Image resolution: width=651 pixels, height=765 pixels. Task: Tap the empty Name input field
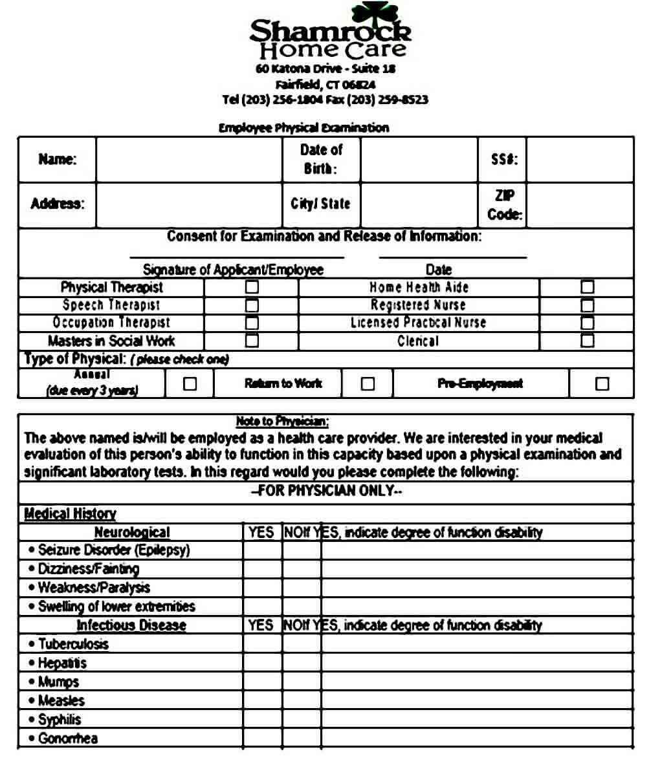tap(189, 160)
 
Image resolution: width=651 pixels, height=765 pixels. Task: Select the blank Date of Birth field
tap(419, 160)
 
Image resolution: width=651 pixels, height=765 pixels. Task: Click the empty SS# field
tap(579, 160)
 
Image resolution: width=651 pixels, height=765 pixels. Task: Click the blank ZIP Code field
tap(579, 205)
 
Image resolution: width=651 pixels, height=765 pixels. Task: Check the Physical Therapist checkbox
tap(252, 287)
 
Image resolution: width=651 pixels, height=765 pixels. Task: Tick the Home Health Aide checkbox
tap(587, 287)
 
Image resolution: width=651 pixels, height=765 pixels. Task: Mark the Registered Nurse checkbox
tap(587, 305)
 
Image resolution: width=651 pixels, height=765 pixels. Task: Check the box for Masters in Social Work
tap(252, 340)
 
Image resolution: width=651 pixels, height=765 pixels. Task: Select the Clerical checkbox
tap(587, 340)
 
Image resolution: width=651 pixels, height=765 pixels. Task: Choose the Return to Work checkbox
tap(368, 383)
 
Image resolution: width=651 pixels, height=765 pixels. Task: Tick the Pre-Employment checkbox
tap(602, 383)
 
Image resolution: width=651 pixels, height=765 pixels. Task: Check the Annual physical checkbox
tap(190, 383)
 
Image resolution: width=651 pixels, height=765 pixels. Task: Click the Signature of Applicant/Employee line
tap(236, 257)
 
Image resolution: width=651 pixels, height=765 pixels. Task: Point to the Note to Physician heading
tap(282, 422)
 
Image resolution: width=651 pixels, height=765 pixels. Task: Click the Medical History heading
tap(70, 514)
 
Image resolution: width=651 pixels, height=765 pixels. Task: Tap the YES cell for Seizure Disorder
tap(262, 550)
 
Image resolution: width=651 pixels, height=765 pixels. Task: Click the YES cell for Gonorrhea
tap(262, 738)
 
